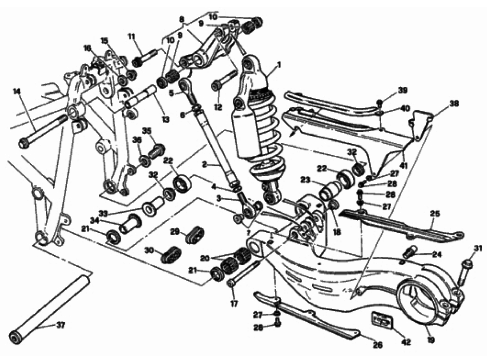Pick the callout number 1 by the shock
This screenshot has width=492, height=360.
coord(279,66)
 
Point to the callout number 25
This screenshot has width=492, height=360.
coord(435,214)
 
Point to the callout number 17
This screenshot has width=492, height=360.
coord(234,304)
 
